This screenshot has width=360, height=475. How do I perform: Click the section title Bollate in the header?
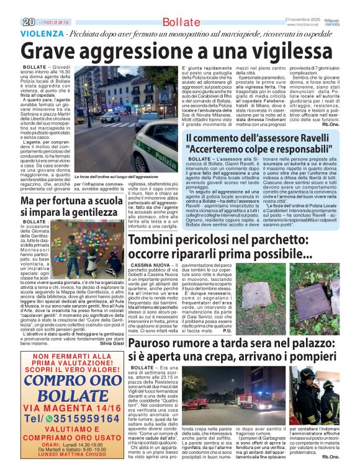(172, 23)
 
